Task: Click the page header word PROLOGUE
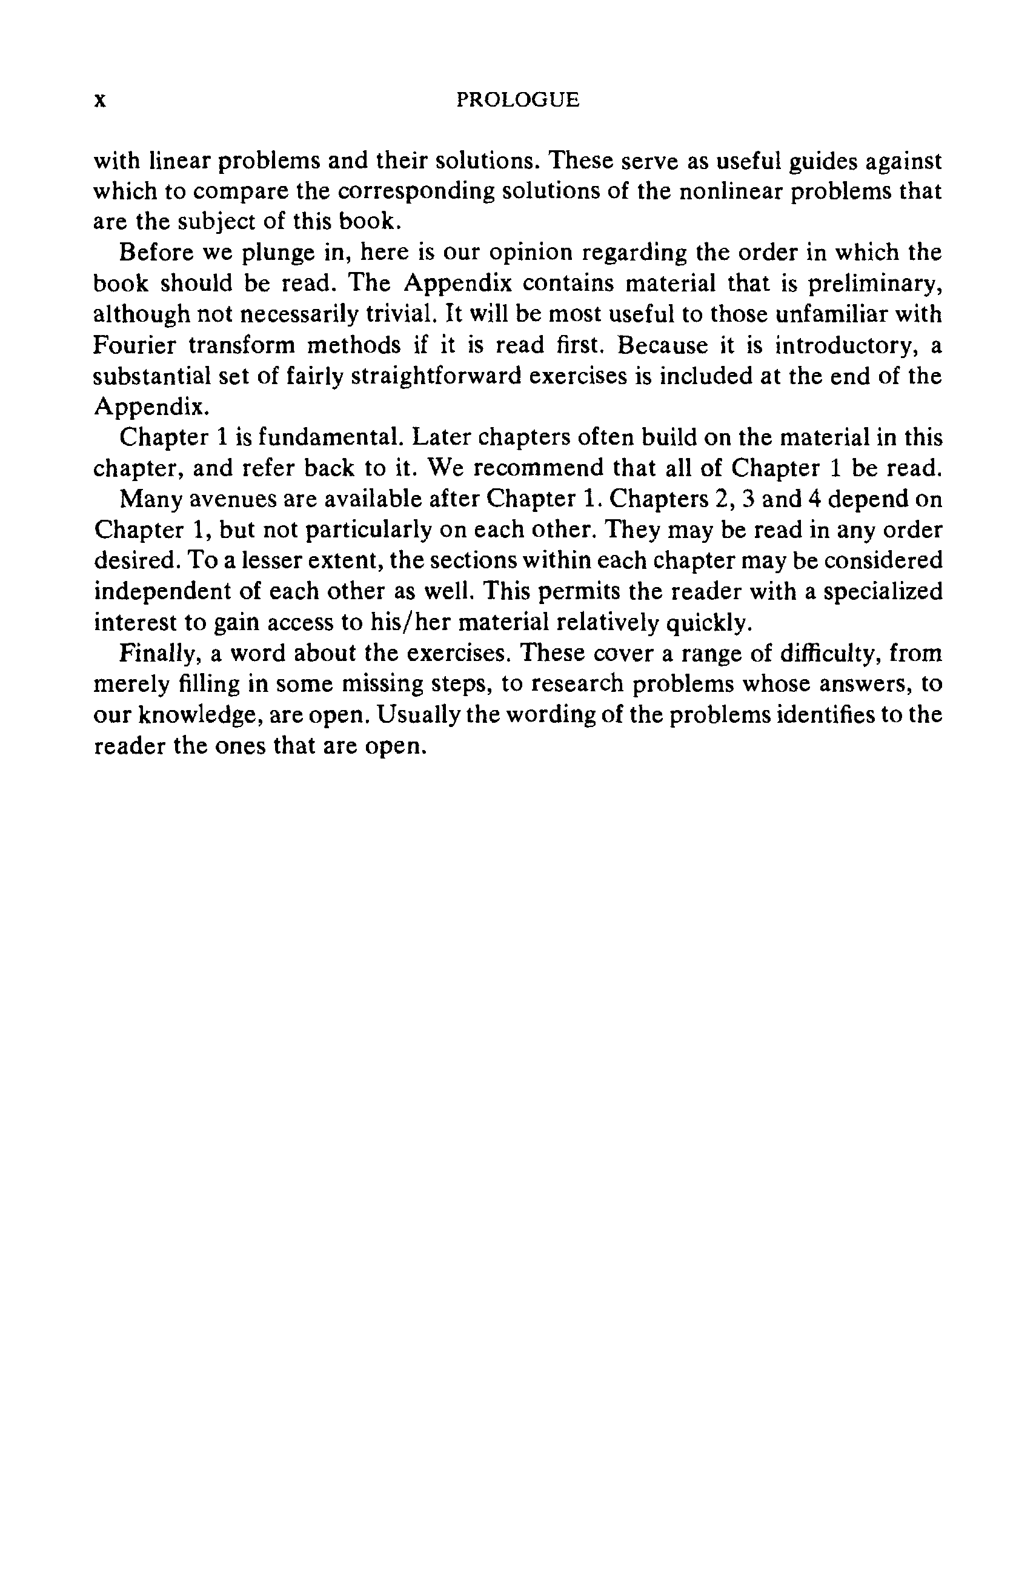(x=517, y=101)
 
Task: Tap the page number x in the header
(x=100, y=101)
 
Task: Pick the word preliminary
(x=875, y=284)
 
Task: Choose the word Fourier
(x=134, y=345)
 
